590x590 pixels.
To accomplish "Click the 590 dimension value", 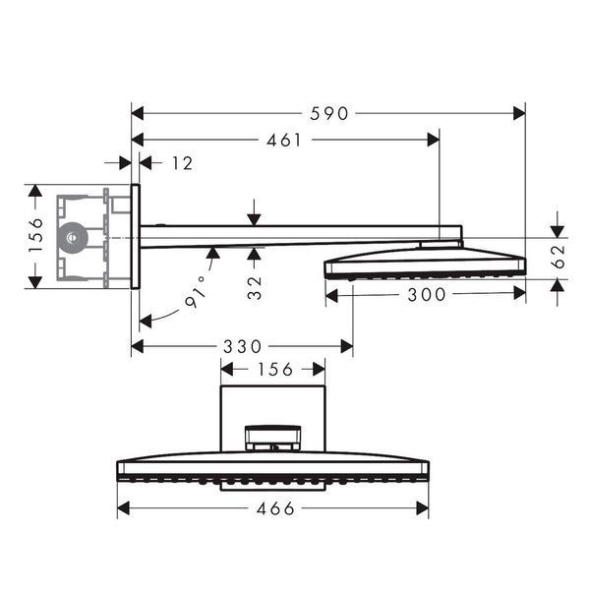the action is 329,114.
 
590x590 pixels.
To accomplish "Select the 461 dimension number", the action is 284,141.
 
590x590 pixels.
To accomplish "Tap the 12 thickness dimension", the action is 183,163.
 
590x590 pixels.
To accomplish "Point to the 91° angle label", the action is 197,292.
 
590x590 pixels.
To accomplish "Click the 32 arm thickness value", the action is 255,288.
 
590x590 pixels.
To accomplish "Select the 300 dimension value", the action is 427,295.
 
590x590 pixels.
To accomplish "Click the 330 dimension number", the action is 242,346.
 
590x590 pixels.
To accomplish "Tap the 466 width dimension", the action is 275,509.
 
